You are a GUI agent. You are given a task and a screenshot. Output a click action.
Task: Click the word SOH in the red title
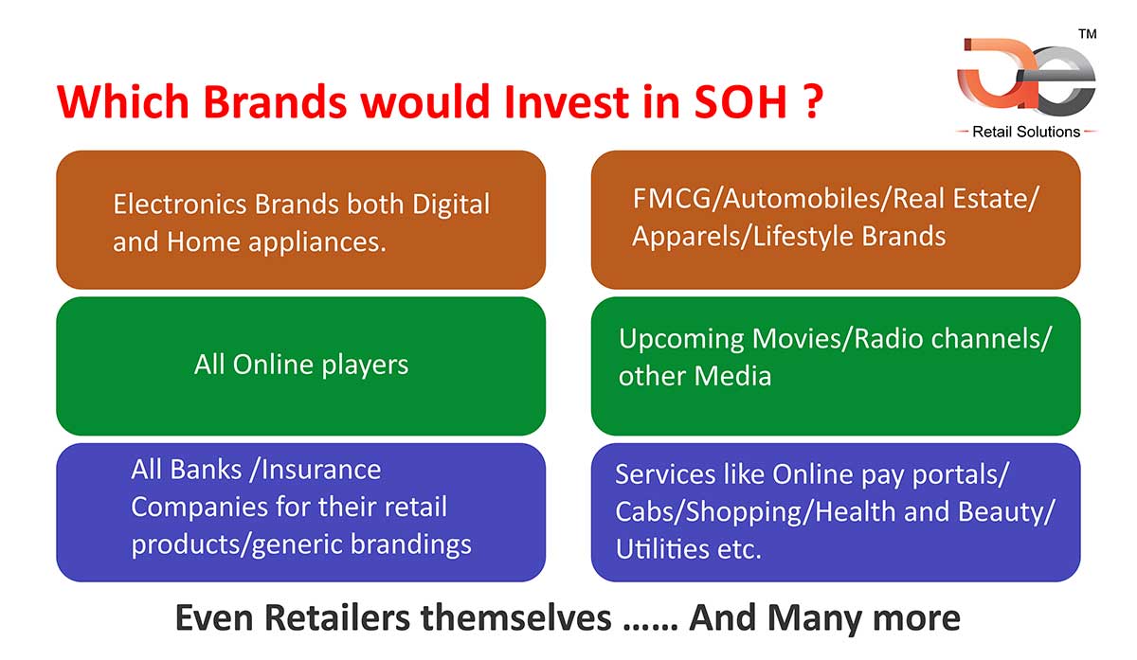click(x=741, y=102)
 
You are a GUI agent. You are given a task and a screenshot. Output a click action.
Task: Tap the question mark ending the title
click(x=814, y=102)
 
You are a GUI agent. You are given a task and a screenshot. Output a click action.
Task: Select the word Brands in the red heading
click(x=275, y=102)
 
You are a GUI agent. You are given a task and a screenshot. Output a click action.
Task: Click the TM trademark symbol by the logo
click(x=1088, y=34)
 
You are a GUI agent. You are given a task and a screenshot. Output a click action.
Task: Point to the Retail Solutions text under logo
click(x=1026, y=132)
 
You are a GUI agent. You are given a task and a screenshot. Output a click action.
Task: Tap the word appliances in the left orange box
click(x=317, y=243)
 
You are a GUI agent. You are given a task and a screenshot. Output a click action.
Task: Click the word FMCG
click(x=672, y=198)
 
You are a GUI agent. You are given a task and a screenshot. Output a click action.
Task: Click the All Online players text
click(x=301, y=366)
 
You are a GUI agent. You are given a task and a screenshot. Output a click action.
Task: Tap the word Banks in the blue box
click(x=206, y=470)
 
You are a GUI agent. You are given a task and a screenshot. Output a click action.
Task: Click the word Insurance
click(x=321, y=470)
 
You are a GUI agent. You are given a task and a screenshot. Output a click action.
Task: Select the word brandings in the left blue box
click(x=410, y=545)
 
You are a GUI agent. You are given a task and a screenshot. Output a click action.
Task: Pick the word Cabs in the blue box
click(x=641, y=511)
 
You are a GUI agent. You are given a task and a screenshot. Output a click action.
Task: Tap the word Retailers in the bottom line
click(x=337, y=618)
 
